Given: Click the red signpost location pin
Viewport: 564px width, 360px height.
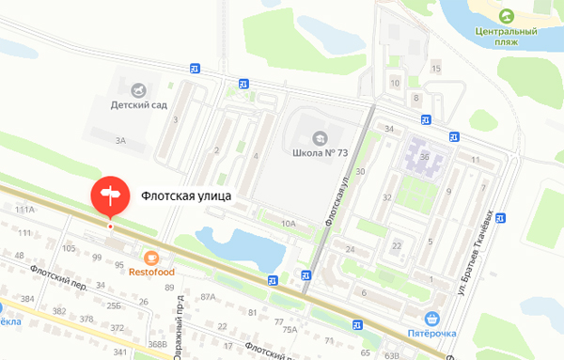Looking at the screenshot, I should point(110,195).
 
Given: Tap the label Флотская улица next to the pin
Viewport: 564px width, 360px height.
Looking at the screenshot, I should point(185,196).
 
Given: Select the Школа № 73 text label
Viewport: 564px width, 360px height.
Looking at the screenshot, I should point(319,153).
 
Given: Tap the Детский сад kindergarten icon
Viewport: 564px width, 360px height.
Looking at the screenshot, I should point(138,89).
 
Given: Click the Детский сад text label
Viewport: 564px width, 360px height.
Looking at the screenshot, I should point(138,105).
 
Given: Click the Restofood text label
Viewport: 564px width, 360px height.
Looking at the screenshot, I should point(151,273).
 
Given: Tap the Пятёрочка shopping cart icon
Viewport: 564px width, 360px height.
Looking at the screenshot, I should point(431,319).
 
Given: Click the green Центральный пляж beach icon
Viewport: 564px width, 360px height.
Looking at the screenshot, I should point(507,16).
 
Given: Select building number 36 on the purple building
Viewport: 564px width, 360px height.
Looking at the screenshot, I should point(425,156).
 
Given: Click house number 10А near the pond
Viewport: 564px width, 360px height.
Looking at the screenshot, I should point(288,224).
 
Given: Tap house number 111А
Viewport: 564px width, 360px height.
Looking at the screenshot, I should point(24,210).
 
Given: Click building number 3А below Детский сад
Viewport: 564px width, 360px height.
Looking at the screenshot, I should point(120,141).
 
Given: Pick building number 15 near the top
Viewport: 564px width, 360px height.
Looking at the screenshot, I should point(435,69).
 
